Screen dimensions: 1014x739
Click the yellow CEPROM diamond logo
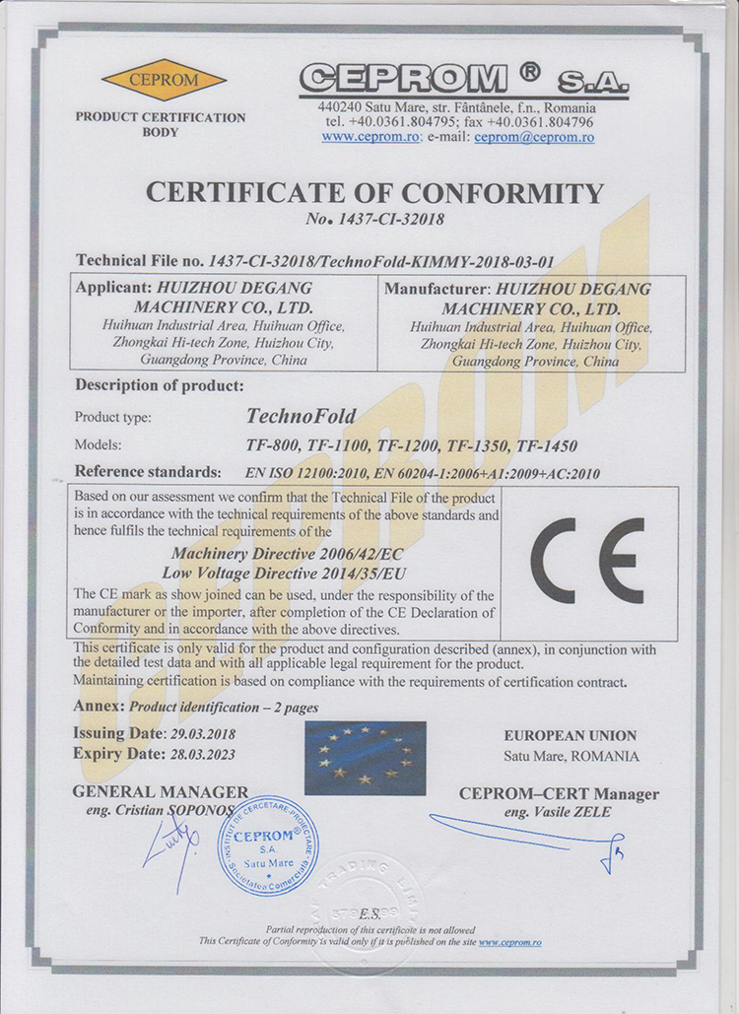[163, 81]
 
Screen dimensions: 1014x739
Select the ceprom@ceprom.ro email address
[534, 137]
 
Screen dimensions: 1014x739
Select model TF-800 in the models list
[269, 444]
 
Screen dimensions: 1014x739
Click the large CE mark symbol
[587, 560]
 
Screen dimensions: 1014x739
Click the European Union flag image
[365, 758]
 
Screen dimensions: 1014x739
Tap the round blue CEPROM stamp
[267, 845]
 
